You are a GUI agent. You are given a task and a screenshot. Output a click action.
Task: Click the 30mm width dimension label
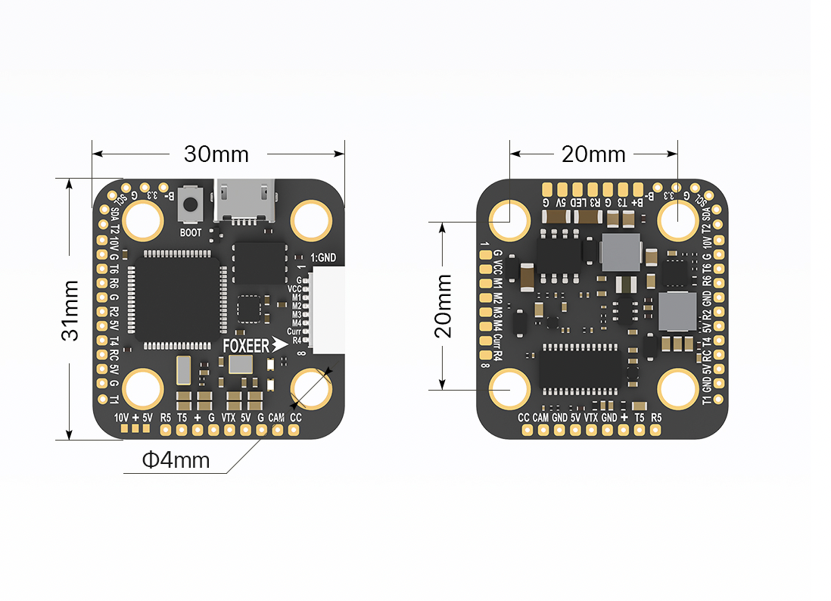[216, 154]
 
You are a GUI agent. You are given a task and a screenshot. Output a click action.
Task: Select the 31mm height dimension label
[70, 310]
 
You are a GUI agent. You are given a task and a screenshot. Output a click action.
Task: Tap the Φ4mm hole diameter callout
[176, 459]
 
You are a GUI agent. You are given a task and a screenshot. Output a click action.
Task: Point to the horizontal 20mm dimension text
[593, 154]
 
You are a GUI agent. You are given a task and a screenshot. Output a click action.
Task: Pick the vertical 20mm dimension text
[444, 305]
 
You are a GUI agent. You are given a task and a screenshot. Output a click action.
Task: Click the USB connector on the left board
[244, 202]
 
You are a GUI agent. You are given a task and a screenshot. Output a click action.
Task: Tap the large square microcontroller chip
[175, 298]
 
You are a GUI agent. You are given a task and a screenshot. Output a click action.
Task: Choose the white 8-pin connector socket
[327, 311]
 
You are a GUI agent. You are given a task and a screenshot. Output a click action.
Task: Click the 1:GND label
[322, 258]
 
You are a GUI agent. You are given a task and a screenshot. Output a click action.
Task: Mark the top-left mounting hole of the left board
[143, 220]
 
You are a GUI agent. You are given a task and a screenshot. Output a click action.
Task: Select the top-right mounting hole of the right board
[677, 220]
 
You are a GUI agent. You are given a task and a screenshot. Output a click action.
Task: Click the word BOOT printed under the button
[191, 232]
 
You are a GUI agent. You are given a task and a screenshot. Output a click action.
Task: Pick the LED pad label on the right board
[577, 203]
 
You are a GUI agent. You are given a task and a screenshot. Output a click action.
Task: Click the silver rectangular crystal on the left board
[184, 371]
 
